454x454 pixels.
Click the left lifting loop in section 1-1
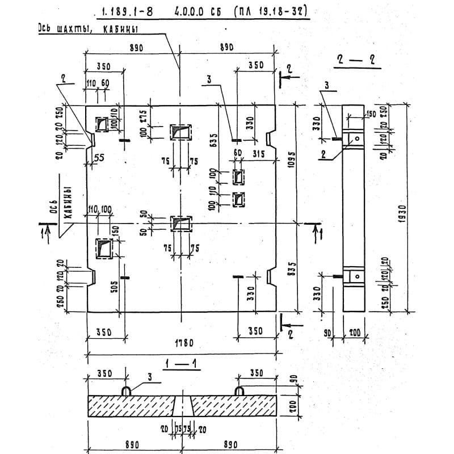(x=127, y=391)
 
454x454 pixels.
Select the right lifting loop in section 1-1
(x=239, y=391)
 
